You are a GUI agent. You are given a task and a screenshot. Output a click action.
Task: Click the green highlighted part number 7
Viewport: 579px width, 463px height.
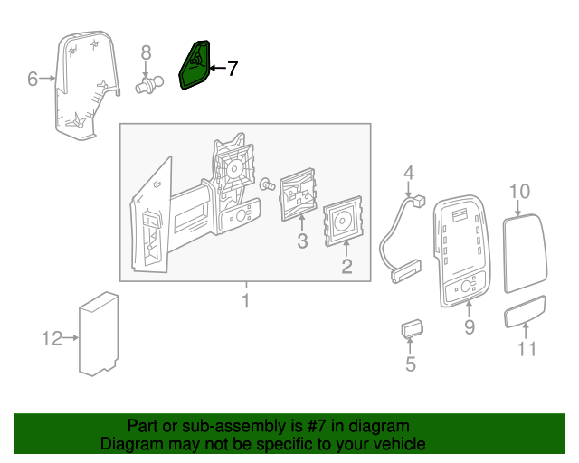click(x=195, y=65)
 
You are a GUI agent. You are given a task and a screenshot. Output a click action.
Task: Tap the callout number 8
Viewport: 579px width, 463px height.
click(x=147, y=52)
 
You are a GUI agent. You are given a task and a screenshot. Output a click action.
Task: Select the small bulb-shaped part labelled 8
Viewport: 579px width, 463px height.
click(x=148, y=85)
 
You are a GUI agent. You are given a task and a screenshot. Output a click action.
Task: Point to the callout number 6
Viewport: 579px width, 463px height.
click(x=33, y=79)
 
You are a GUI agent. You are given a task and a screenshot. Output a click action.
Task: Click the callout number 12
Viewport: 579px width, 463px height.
click(x=52, y=338)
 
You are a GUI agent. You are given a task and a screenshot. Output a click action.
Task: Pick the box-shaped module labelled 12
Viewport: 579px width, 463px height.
click(x=99, y=334)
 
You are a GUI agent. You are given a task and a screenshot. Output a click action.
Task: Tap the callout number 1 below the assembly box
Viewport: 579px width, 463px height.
click(x=246, y=300)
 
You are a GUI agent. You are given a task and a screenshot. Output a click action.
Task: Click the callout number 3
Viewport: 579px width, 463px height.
click(x=302, y=241)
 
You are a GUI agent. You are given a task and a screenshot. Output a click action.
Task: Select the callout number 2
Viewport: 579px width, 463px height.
click(x=346, y=266)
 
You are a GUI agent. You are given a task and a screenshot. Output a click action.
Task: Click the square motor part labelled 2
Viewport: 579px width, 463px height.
click(x=343, y=222)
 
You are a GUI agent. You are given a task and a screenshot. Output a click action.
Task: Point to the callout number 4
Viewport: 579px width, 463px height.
click(x=408, y=173)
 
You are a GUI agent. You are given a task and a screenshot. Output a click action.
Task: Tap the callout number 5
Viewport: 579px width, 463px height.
click(x=411, y=364)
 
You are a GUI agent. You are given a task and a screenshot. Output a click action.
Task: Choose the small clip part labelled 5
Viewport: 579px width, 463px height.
click(x=413, y=328)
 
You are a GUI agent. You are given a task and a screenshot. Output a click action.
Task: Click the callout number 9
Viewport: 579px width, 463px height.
click(x=470, y=326)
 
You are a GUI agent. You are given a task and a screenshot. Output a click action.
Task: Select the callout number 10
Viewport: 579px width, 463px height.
click(x=519, y=191)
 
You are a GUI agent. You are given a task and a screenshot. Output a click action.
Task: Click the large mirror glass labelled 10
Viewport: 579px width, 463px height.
click(x=525, y=253)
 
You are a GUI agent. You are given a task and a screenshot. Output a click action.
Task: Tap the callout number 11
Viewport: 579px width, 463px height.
click(x=527, y=348)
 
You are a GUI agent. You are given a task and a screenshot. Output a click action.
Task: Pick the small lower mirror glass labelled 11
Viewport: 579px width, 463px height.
click(x=525, y=311)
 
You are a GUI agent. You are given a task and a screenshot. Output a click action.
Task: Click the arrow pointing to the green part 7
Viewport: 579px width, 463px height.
click(x=218, y=68)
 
